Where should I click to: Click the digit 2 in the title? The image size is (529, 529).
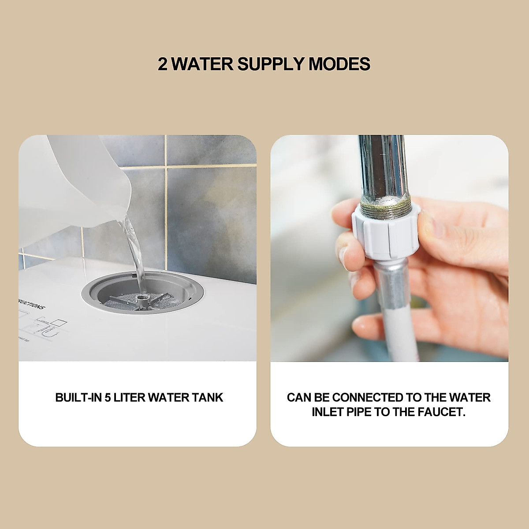click(163, 64)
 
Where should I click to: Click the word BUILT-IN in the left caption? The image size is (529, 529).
click(78, 398)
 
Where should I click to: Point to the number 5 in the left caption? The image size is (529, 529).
click(108, 398)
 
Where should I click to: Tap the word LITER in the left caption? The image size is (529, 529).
click(130, 398)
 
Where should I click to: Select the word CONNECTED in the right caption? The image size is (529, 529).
click(369, 398)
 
